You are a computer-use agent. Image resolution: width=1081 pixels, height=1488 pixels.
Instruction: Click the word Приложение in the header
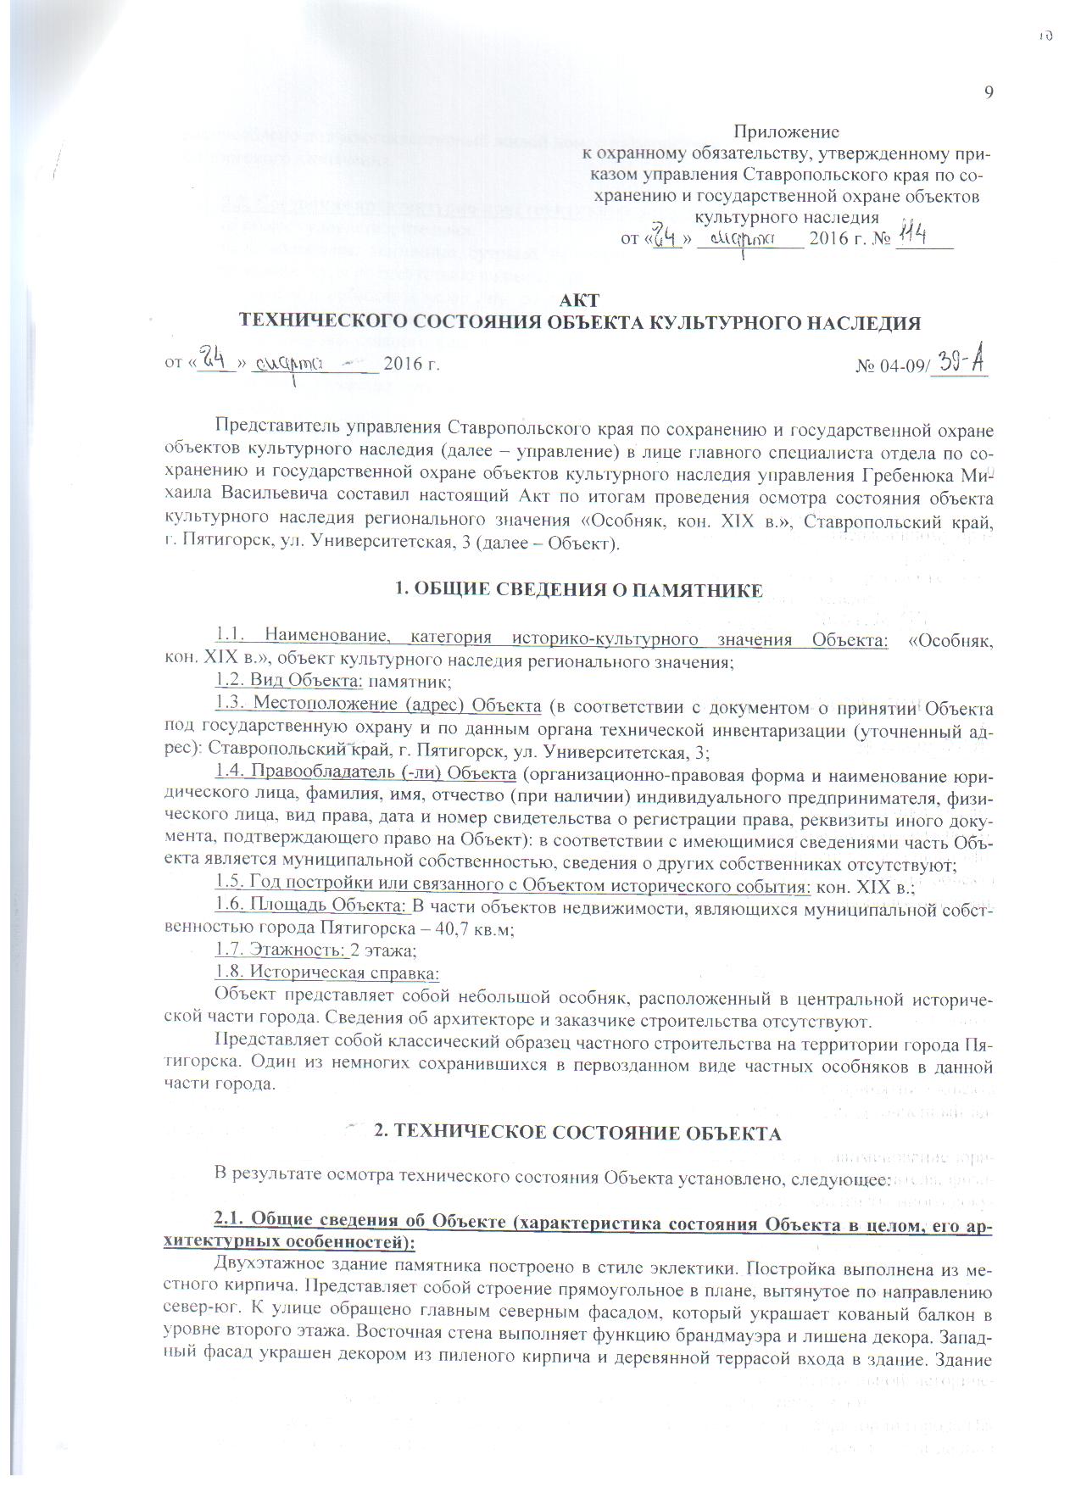click(786, 132)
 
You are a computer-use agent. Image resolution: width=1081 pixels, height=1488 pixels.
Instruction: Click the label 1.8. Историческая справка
click(327, 972)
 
